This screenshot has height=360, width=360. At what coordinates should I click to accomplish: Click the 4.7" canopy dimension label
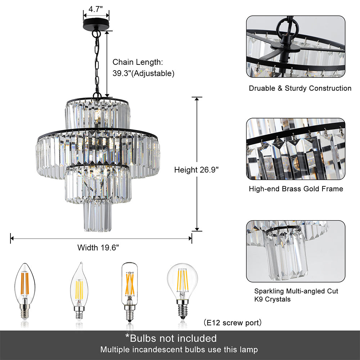coord(95,9)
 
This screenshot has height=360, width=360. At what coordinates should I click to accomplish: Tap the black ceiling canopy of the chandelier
coord(96,24)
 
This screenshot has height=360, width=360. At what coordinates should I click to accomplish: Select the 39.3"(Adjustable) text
coord(144,73)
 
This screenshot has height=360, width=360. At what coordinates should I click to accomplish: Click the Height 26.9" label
coord(196,170)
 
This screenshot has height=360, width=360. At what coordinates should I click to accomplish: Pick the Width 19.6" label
coord(98,248)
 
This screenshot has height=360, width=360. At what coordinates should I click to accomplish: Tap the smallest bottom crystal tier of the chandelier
coord(97,216)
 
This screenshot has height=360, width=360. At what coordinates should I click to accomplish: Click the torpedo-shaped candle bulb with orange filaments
coord(24,291)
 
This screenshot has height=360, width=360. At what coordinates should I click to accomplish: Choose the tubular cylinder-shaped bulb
coord(130,292)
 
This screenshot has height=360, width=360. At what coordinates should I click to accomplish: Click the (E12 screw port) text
coord(233,323)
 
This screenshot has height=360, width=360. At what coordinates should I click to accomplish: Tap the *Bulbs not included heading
coord(171,338)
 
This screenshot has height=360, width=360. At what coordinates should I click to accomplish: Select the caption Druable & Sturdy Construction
coord(300,88)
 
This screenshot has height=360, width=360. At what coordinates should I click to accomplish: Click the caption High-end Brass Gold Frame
coord(296,189)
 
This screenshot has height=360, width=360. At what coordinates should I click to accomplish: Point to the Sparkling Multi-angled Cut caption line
coord(296,291)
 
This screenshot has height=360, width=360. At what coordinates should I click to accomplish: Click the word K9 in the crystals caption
coord(258,299)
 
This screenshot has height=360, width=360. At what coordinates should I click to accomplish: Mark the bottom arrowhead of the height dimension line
coord(197,229)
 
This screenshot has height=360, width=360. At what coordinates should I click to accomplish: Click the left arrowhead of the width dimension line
coord(12,239)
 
